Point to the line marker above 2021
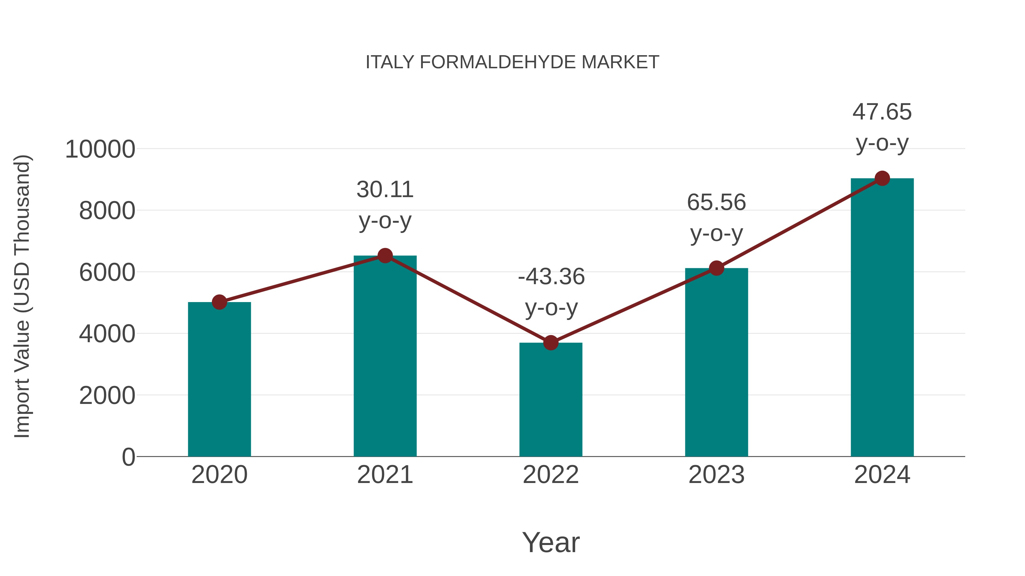(385, 256)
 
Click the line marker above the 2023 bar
(716, 268)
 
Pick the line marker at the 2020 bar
(219, 302)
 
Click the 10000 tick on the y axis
(100, 150)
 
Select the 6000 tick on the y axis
(107, 273)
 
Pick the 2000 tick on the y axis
(107, 396)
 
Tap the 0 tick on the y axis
(128, 457)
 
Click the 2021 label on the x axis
(385, 475)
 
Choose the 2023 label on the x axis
(716, 475)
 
